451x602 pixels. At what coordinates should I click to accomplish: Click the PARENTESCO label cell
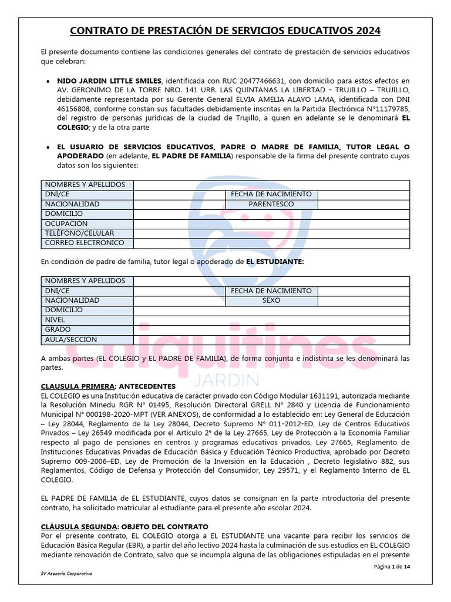271,204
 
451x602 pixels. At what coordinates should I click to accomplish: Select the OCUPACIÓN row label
66,223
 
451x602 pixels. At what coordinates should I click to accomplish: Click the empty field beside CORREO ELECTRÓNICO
271,243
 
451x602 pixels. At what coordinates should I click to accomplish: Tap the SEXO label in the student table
271,300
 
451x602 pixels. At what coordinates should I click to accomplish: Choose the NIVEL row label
55,320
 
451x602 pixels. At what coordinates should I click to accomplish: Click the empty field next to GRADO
271,330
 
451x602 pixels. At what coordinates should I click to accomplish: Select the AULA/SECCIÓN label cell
71,339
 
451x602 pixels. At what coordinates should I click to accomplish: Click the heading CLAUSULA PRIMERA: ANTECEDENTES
108,386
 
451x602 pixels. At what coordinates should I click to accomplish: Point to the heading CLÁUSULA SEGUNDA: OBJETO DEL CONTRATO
124,526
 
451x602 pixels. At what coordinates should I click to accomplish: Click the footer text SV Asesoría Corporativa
66,573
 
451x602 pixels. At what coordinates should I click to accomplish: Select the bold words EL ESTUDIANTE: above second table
275,262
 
